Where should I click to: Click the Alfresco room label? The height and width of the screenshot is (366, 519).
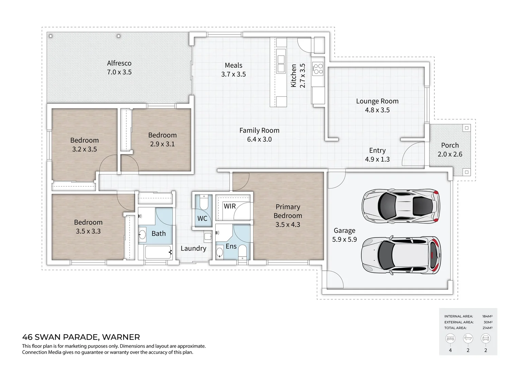[x=119, y=63]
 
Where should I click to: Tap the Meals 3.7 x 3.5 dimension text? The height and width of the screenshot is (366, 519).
[x=233, y=74]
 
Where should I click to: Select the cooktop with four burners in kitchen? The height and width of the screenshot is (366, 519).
[x=318, y=69]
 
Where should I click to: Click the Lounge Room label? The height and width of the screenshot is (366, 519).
[x=377, y=101]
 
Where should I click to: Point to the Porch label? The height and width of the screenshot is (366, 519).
[x=450, y=145]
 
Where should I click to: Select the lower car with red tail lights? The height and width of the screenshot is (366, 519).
[x=401, y=255]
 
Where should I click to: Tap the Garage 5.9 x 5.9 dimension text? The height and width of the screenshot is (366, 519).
[x=344, y=239]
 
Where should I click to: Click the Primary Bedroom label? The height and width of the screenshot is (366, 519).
[x=288, y=211]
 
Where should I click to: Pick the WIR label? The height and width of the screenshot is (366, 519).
[x=230, y=206]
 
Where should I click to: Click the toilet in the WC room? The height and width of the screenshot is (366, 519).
[x=204, y=203]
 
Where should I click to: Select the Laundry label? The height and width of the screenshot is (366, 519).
[x=193, y=248]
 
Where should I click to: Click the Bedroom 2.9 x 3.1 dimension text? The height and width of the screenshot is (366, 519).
[x=162, y=144]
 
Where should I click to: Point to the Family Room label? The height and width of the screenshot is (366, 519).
[x=259, y=130]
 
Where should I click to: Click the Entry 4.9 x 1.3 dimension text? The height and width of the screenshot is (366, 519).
[x=377, y=159]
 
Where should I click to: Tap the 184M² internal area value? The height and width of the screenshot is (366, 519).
[x=487, y=316]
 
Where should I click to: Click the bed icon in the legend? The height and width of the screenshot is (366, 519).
[x=450, y=338]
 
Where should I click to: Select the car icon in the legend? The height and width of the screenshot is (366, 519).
[x=485, y=338]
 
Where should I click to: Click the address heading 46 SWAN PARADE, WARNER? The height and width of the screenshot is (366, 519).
[x=81, y=337]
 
